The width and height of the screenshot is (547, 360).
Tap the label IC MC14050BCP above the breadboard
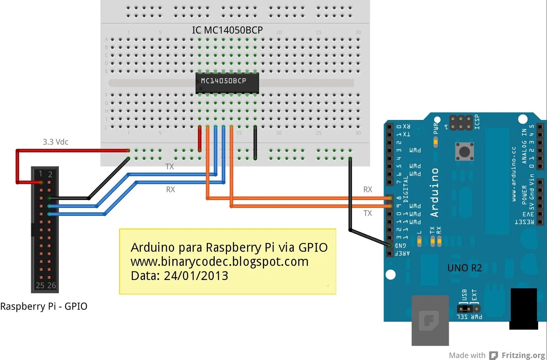point(227,30)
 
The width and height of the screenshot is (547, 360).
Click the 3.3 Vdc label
point(55,142)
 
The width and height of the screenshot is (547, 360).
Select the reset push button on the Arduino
point(464,151)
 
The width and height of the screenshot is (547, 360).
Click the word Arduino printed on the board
point(434,192)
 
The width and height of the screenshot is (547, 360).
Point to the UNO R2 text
point(464,268)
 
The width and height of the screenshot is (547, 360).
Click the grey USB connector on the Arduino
point(430,320)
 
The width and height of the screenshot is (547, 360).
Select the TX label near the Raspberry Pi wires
point(170,166)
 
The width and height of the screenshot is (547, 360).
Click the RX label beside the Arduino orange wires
point(368,189)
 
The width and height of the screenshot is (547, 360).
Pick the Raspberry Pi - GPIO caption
point(44,306)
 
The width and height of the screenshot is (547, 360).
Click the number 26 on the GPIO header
point(52,285)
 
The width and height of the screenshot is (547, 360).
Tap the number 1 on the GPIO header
point(40,174)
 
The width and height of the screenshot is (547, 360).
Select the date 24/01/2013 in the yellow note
point(196,276)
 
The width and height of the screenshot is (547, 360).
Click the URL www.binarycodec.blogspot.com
point(219,262)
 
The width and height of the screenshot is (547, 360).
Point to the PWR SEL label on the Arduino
point(469,317)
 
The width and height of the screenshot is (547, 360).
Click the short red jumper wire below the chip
point(200,138)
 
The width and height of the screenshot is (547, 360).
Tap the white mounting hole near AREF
point(390,275)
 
